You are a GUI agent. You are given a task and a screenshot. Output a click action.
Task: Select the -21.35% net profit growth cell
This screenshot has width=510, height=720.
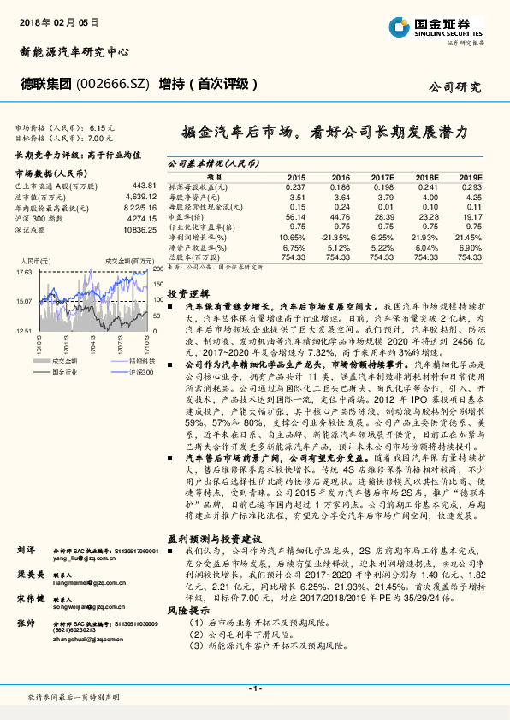pyautogui.click(x=337, y=236)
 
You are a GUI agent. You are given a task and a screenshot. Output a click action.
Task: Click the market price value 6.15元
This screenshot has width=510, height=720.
pyautogui.click(x=102, y=127)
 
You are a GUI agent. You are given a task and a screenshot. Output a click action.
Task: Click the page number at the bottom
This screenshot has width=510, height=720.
pyautogui.click(x=255, y=688)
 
